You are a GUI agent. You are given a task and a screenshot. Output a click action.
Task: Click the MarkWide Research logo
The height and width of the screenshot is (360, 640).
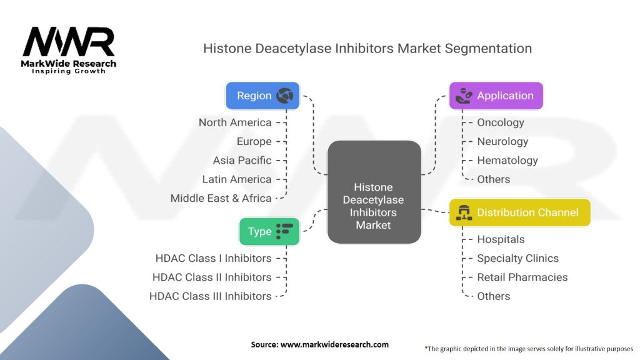point(69,50)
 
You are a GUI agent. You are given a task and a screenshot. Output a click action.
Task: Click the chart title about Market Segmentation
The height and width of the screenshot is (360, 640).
point(367,48)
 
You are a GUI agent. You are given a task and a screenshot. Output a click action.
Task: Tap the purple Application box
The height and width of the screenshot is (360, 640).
point(496,96)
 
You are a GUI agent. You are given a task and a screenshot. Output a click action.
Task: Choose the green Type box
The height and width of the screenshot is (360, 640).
point(269,231)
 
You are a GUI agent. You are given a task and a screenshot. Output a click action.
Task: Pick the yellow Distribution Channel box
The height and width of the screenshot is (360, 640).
point(520,212)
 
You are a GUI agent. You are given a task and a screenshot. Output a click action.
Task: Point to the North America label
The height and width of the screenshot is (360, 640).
point(235,122)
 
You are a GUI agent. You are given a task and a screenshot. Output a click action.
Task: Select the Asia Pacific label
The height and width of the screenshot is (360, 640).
point(242,160)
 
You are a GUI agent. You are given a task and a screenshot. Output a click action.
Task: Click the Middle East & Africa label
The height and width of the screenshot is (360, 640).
point(221,198)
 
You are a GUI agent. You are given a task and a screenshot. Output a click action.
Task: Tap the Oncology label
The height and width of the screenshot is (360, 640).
point(500,122)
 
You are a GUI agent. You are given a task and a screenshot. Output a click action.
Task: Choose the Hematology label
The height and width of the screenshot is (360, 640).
point(507,160)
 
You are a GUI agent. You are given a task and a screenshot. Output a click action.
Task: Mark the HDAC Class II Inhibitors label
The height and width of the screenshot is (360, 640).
point(212,277)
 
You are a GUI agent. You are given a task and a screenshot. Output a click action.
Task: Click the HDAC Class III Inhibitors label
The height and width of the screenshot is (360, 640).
point(211,296)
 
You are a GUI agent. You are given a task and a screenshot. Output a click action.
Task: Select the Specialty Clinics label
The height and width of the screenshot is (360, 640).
point(517,258)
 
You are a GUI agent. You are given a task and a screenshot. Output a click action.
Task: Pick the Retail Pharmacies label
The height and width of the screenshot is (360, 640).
point(522,277)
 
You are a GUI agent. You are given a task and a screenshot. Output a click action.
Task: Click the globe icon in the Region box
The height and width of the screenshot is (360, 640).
point(285,96)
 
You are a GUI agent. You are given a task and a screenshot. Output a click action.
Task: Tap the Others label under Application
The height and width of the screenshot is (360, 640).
point(493,179)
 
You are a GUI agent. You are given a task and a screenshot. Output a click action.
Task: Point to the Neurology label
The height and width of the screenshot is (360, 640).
point(502,141)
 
